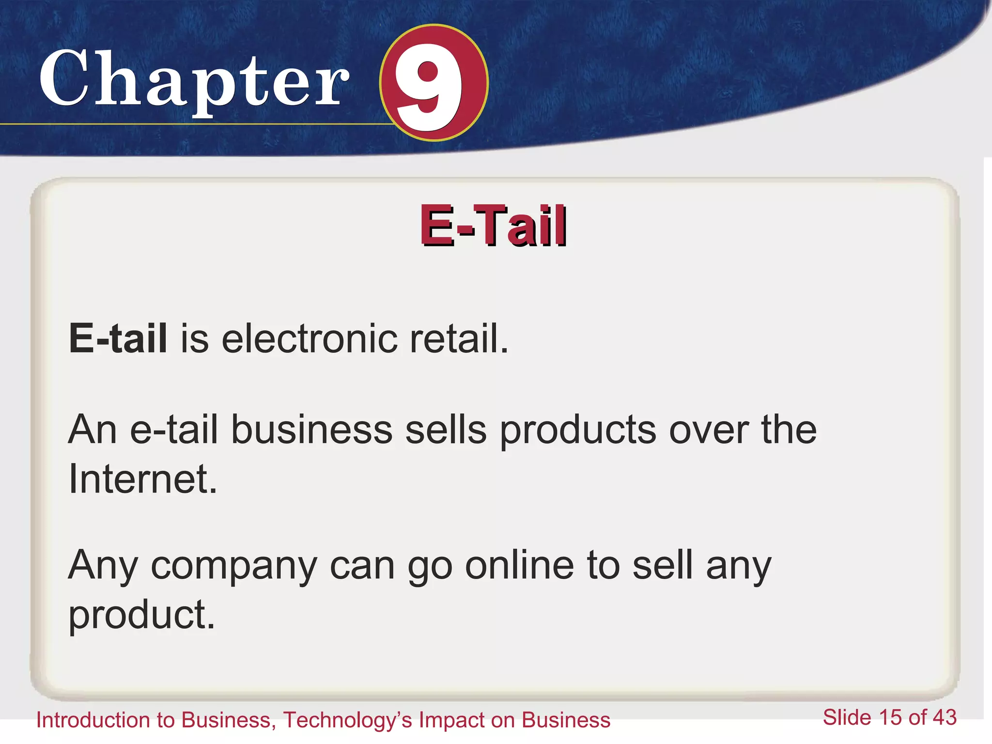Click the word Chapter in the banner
(194, 80)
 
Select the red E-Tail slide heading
(493, 226)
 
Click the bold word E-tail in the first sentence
(118, 338)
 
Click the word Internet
(142, 479)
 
